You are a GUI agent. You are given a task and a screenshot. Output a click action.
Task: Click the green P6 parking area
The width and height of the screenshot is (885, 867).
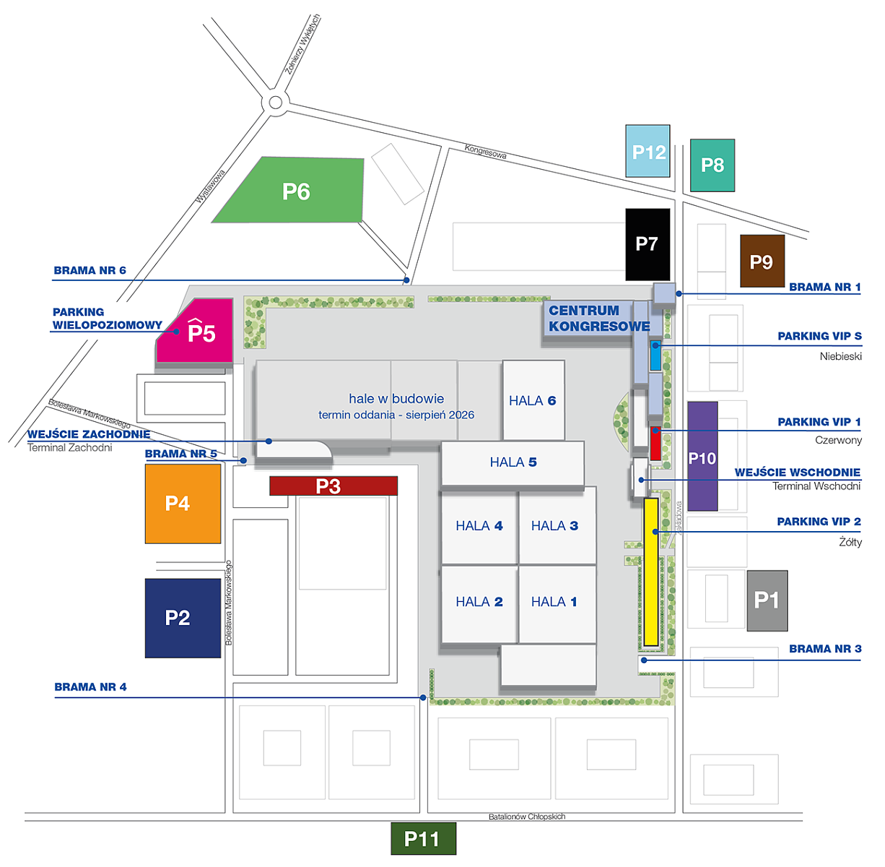coord(296,191)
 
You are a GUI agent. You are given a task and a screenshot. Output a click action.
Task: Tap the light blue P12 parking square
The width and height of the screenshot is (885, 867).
coord(648,152)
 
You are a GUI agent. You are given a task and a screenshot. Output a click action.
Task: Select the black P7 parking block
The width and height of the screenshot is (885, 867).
coord(648,244)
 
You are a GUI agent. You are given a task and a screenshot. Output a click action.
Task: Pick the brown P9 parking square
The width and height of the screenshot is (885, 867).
coord(762,262)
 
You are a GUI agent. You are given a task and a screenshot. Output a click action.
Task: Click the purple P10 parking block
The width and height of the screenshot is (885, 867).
coord(702,457)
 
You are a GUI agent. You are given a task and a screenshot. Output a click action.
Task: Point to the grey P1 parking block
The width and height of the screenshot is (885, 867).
coord(767,600)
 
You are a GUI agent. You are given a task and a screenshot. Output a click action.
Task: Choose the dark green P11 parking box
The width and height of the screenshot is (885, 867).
coord(423,839)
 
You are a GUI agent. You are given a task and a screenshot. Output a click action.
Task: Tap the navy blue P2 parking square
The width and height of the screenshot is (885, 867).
coord(183,618)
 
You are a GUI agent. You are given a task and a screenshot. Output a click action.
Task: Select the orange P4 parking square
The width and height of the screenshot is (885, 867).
coord(183,504)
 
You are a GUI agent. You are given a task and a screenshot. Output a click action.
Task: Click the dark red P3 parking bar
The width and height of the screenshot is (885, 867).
coord(333,486)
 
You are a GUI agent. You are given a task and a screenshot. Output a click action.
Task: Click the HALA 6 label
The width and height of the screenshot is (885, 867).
coord(533,401)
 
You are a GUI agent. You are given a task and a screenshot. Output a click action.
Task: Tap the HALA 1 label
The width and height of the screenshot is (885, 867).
coord(554,602)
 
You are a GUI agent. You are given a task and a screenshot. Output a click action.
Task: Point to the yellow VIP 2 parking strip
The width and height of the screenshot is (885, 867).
coord(651,571)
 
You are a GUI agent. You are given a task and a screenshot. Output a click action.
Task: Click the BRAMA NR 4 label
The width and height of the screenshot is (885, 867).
coord(90,687)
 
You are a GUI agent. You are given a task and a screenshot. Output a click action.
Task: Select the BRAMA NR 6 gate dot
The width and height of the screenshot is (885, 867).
coord(406,280)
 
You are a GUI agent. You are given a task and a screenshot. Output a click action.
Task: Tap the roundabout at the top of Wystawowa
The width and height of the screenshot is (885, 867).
coord(275,103)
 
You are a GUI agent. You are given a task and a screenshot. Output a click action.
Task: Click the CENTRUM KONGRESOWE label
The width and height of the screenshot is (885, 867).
coord(598,319)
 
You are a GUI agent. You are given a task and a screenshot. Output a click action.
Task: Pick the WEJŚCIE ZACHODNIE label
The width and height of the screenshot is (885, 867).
coord(89,434)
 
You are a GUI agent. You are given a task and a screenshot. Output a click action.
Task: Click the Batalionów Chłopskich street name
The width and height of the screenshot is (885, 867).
coord(527,816)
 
